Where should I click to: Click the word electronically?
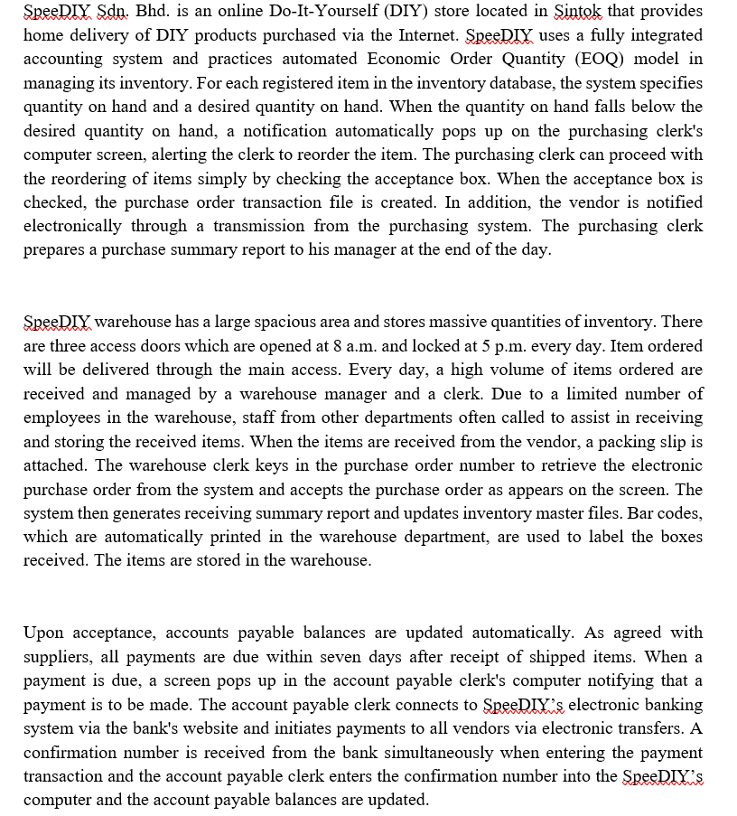[x=76, y=225]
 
